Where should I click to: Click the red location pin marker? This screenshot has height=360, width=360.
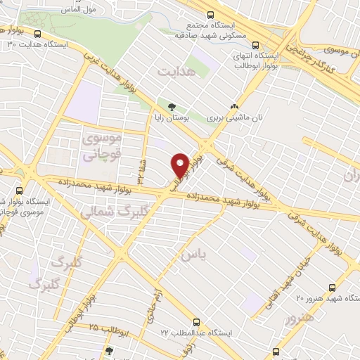point(180,165)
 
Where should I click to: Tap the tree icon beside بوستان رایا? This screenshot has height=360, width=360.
point(172,107)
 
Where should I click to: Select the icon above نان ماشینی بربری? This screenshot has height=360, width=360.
point(234,107)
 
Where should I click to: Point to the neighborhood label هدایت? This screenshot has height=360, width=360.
point(174,72)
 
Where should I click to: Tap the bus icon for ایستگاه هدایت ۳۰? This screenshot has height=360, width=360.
point(37,33)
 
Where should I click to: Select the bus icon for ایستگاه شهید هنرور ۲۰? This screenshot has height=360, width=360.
point(334,288)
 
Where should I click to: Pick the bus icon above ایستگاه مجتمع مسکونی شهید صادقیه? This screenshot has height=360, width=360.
point(210,14)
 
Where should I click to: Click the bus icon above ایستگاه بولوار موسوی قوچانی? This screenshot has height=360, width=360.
point(19,190)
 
